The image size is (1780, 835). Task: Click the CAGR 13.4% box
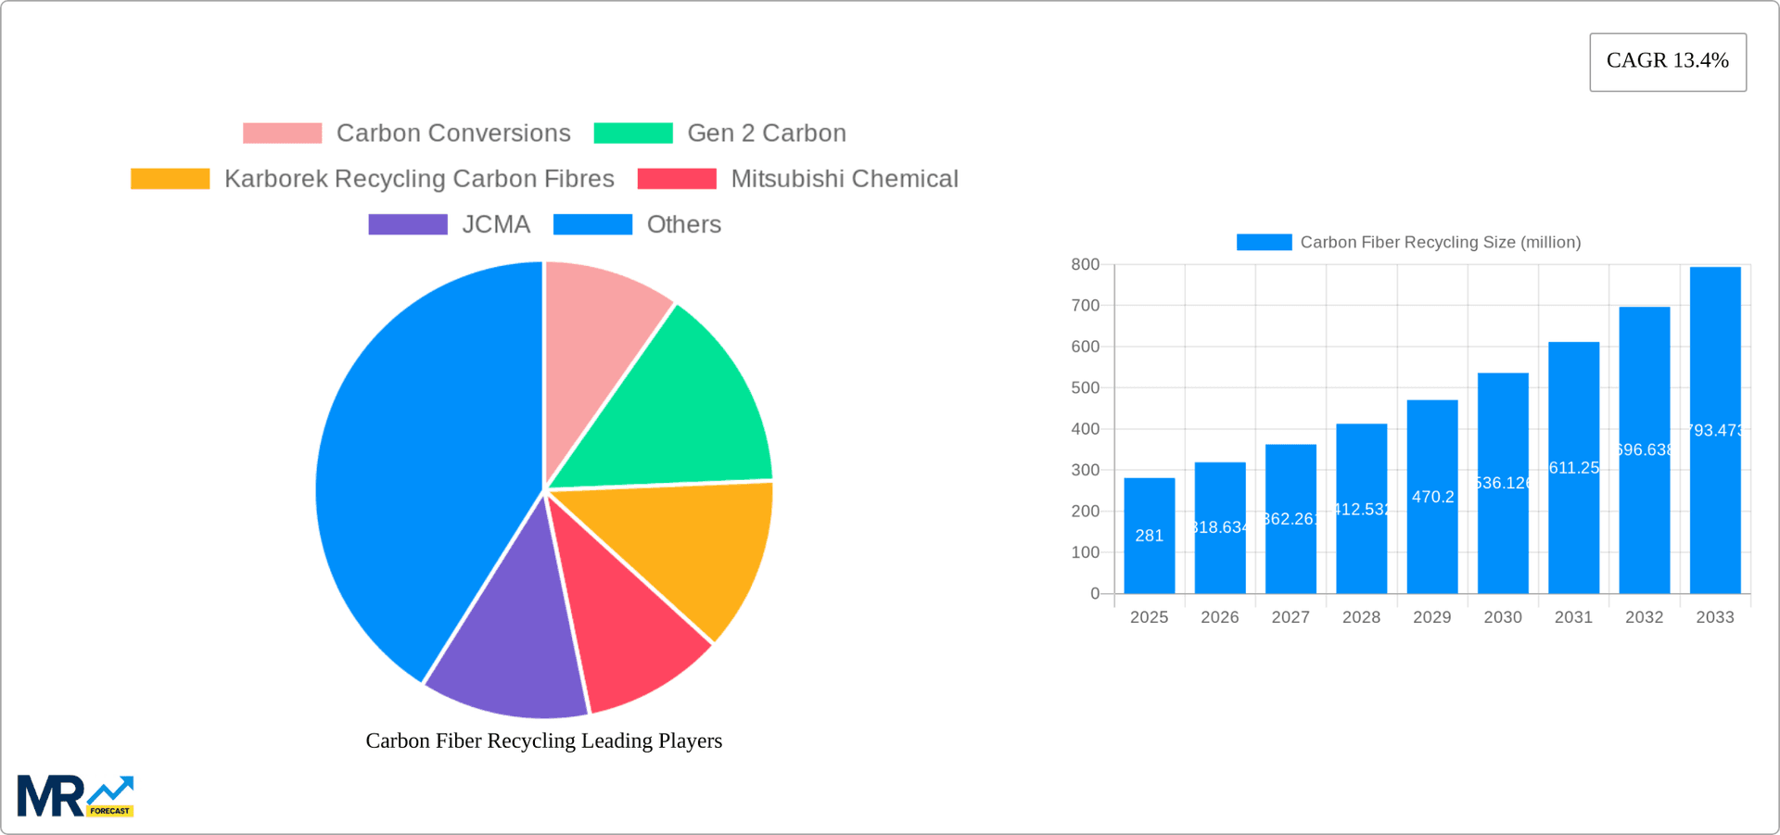1667,62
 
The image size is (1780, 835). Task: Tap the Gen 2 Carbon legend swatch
633,133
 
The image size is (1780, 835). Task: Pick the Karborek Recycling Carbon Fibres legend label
419,179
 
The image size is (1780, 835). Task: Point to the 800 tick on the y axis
1085,265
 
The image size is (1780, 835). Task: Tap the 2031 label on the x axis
1573,617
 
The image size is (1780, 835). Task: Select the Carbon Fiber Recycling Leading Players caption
543,740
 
